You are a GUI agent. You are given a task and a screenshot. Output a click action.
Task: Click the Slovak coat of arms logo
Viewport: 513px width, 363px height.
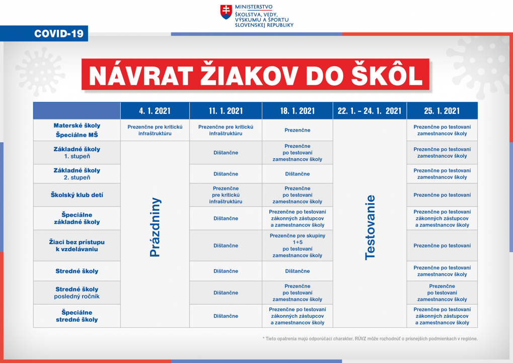[226, 12]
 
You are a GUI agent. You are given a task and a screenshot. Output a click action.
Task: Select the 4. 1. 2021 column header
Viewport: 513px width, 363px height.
[155, 111]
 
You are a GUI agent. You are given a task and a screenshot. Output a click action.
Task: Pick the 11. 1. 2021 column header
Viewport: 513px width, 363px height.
[226, 111]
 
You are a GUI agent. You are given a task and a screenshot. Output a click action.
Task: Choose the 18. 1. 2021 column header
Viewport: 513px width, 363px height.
[297, 111]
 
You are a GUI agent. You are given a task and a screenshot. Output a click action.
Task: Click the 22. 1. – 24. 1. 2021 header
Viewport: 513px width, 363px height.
[370, 111]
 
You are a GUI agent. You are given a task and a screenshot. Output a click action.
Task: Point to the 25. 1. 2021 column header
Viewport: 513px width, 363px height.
[442, 111]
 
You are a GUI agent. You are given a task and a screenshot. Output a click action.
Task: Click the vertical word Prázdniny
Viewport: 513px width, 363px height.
[155, 227]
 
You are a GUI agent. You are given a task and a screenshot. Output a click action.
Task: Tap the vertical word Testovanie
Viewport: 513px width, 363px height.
[370, 227]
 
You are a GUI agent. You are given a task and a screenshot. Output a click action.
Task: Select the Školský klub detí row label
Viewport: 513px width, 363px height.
[77, 195]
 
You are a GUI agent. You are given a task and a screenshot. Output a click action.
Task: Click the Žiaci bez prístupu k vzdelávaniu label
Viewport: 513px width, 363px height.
[77, 246]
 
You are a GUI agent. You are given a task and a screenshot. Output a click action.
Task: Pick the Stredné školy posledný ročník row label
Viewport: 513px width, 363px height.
[77, 292]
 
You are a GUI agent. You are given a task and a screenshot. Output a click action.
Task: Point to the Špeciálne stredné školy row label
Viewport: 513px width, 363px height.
[77, 316]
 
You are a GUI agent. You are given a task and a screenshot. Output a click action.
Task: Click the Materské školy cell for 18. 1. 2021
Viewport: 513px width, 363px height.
[297, 130]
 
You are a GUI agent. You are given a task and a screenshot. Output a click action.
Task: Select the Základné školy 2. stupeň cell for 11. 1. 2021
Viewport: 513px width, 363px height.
[226, 174]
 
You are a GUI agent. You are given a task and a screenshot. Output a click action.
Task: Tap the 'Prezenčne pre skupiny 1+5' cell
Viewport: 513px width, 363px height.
[297, 246]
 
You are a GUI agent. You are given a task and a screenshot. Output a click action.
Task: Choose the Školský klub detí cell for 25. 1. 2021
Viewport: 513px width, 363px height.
[442, 195]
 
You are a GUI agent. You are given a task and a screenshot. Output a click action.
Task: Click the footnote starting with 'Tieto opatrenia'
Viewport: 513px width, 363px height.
[370, 339]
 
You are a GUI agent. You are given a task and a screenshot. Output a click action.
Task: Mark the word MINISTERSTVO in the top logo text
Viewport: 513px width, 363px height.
[254, 7]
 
